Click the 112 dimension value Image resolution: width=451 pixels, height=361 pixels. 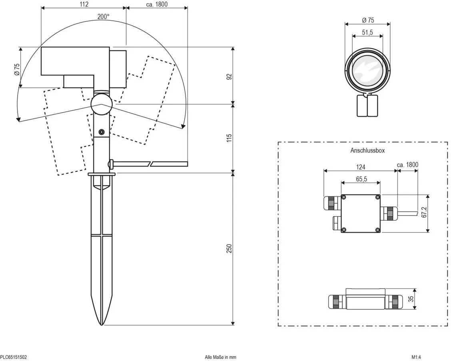point(84,4)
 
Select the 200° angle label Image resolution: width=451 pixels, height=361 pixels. point(103,17)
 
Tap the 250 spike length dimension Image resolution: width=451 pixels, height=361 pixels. point(229,249)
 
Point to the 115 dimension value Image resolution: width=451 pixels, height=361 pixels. point(229,138)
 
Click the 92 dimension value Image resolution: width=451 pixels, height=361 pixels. point(229,77)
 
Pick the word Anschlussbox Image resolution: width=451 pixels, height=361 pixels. point(367,150)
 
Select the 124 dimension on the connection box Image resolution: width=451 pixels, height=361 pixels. point(360,167)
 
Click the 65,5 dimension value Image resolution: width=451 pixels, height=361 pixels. point(361,179)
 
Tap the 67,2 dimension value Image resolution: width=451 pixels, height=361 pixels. point(424,212)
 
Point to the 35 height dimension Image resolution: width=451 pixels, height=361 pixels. point(411,299)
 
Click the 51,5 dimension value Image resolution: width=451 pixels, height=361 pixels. point(367,32)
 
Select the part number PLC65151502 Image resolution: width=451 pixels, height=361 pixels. point(14,357)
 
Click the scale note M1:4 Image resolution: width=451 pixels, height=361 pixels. point(416,357)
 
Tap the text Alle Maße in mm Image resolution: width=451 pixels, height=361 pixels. point(220,357)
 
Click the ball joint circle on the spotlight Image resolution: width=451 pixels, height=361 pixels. point(101,104)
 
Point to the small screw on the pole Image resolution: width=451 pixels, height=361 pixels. point(101,132)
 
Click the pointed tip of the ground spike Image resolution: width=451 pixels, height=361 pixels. point(102,325)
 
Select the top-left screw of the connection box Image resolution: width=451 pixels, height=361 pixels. point(344,197)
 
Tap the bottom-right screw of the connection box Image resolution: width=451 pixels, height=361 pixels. point(377,230)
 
